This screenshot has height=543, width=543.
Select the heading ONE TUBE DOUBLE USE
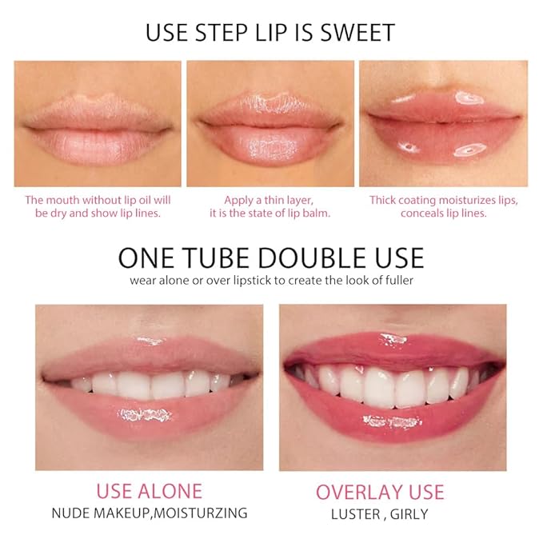(x=271, y=258)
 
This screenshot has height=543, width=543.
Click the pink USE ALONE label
(x=149, y=490)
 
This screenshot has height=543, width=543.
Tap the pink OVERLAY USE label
(x=379, y=491)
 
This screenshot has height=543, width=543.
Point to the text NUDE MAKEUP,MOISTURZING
(x=149, y=513)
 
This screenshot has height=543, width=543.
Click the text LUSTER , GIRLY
(x=379, y=513)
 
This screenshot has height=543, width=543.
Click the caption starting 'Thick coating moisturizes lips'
(x=443, y=206)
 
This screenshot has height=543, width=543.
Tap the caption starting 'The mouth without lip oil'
(x=98, y=206)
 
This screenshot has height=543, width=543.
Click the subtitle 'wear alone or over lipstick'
(x=271, y=281)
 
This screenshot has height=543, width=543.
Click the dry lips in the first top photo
(x=97, y=128)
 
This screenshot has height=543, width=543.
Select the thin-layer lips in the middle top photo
(x=270, y=128)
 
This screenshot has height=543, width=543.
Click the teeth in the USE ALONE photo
(x=152, y=383)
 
